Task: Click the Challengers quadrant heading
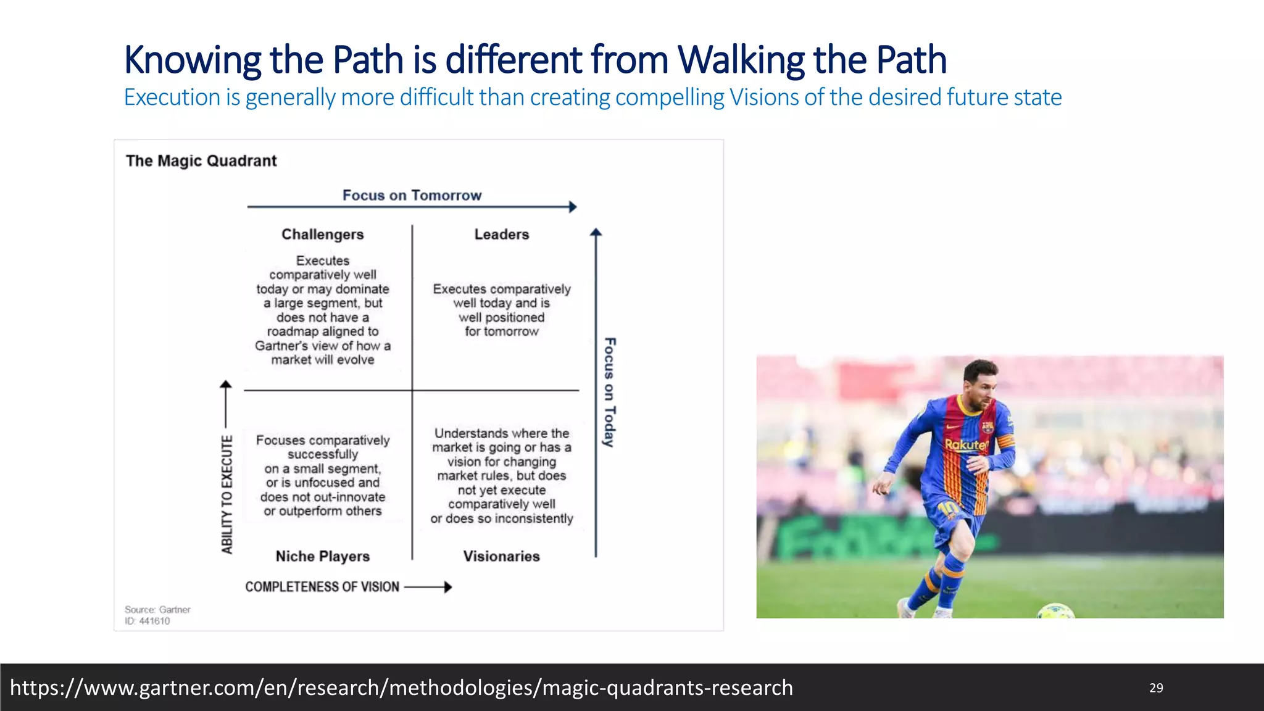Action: coord(322,235)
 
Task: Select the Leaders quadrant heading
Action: coord(501,235)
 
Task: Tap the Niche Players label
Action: coord(322,556)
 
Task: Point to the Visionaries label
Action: coord(501,556)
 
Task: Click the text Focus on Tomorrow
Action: coord(412,195)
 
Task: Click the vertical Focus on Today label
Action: coord(609,392)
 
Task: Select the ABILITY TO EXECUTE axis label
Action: coord(227,494)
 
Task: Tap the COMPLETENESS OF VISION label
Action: coord(322,587)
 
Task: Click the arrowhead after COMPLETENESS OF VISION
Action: coord(448,587)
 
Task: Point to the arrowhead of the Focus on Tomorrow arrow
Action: coord(573,207)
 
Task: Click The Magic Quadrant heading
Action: coord(201,161)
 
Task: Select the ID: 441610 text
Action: coord(147,621)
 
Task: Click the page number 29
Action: coord(1156,688)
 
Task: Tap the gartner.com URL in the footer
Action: coord(401,688)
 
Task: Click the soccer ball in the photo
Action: coord(1055,612)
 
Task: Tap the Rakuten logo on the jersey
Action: coord(966,444)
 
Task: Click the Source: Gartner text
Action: coord(157,609)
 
